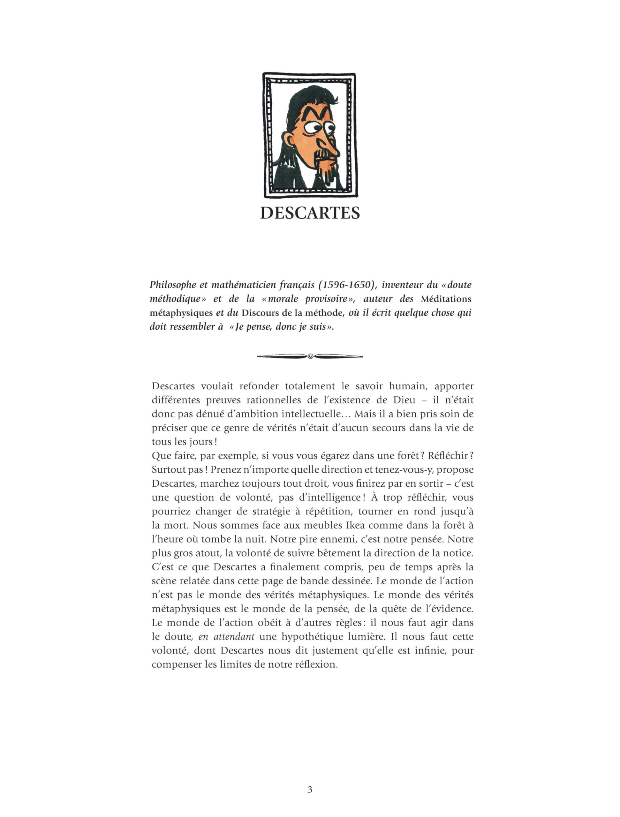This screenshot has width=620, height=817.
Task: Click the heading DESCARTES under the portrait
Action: tap(310, 213)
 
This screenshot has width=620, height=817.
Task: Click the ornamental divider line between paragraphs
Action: tap(310, 356)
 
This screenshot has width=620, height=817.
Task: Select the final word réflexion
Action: tap(317, 664)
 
